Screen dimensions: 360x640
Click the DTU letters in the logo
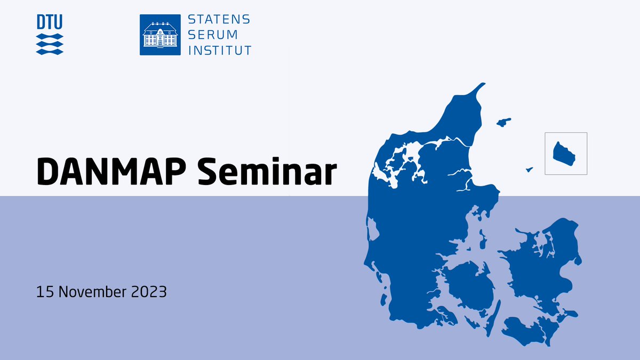50,22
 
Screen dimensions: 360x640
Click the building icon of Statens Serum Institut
160,35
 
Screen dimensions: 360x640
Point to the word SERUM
211,35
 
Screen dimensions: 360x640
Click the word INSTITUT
219,51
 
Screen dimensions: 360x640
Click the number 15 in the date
44,292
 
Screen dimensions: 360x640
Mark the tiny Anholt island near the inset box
530,170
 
